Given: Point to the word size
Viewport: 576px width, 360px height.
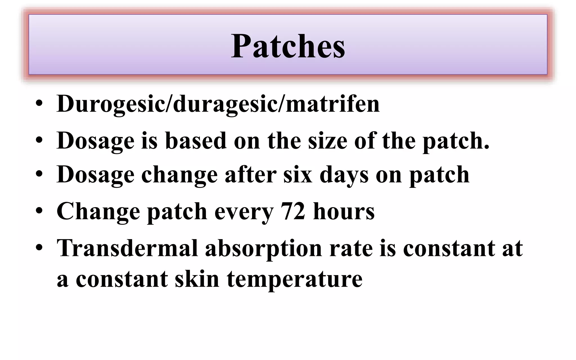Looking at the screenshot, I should (x=328, y=140).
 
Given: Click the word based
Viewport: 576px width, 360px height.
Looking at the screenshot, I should (x=196, y=140).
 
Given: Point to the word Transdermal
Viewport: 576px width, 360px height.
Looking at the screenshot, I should (x=127, y=248).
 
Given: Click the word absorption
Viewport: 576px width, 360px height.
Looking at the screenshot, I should (x=263, y=248).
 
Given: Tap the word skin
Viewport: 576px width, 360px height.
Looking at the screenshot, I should (x=197, y=279).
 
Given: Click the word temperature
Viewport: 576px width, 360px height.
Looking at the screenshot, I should (x=294, y=279).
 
